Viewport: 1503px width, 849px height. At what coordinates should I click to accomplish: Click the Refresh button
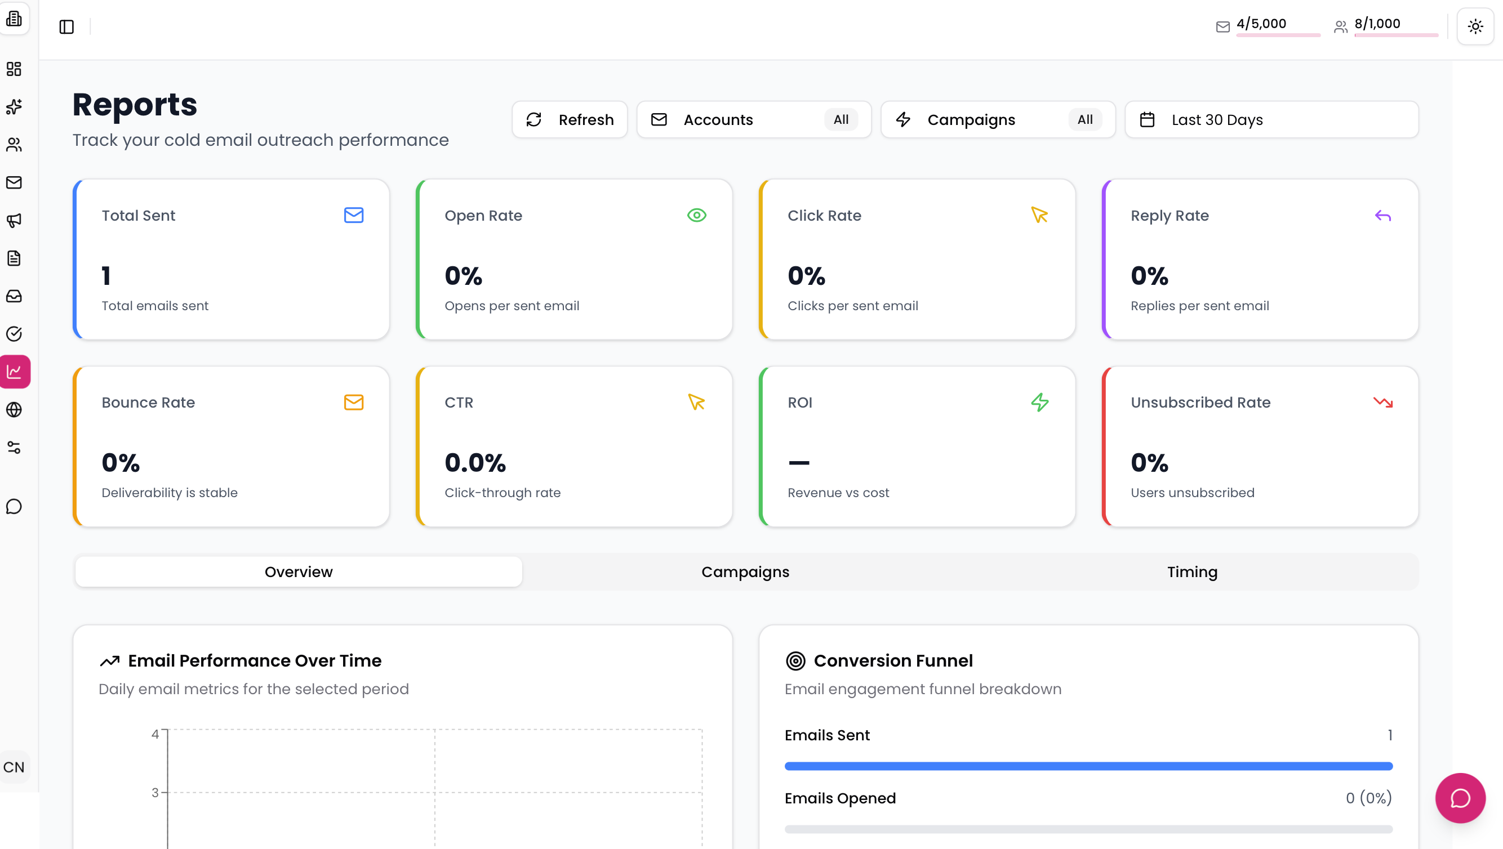click(x=570, y=119)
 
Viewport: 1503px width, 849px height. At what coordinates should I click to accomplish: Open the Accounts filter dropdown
click(x=753, y=119)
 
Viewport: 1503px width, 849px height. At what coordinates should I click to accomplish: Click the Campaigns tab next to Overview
click(x=745, y=571)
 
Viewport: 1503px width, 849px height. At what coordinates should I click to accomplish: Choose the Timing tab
click(x=1191, y=571)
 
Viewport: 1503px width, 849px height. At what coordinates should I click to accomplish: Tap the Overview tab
click(x=298, y=571)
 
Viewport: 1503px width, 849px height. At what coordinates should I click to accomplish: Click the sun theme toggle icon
click(x=1475, y=26)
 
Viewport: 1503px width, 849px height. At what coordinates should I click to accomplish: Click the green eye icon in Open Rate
click(x=696, y=215)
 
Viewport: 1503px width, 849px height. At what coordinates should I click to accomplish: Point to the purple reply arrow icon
click(x=1382, y=216)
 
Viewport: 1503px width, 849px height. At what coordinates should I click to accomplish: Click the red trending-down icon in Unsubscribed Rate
click(x=1382, y=402)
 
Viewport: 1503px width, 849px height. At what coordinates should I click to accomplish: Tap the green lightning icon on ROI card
click(x=1039, y=402)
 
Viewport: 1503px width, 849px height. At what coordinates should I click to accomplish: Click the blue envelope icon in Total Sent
click(x=354, y=215)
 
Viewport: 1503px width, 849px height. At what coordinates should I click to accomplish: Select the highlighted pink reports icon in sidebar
click(x=15, y=372)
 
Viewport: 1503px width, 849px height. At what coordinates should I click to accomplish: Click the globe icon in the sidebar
click(x=14, y=409)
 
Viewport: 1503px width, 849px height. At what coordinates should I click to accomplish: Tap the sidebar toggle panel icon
click(x=66, y=27)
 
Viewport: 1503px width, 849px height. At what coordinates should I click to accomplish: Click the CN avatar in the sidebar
click(x=14, y=767)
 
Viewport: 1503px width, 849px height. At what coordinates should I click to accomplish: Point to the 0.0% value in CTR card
click(x=475, y=463)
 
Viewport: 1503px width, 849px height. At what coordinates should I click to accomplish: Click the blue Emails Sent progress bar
click(x=1088, y=766)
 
